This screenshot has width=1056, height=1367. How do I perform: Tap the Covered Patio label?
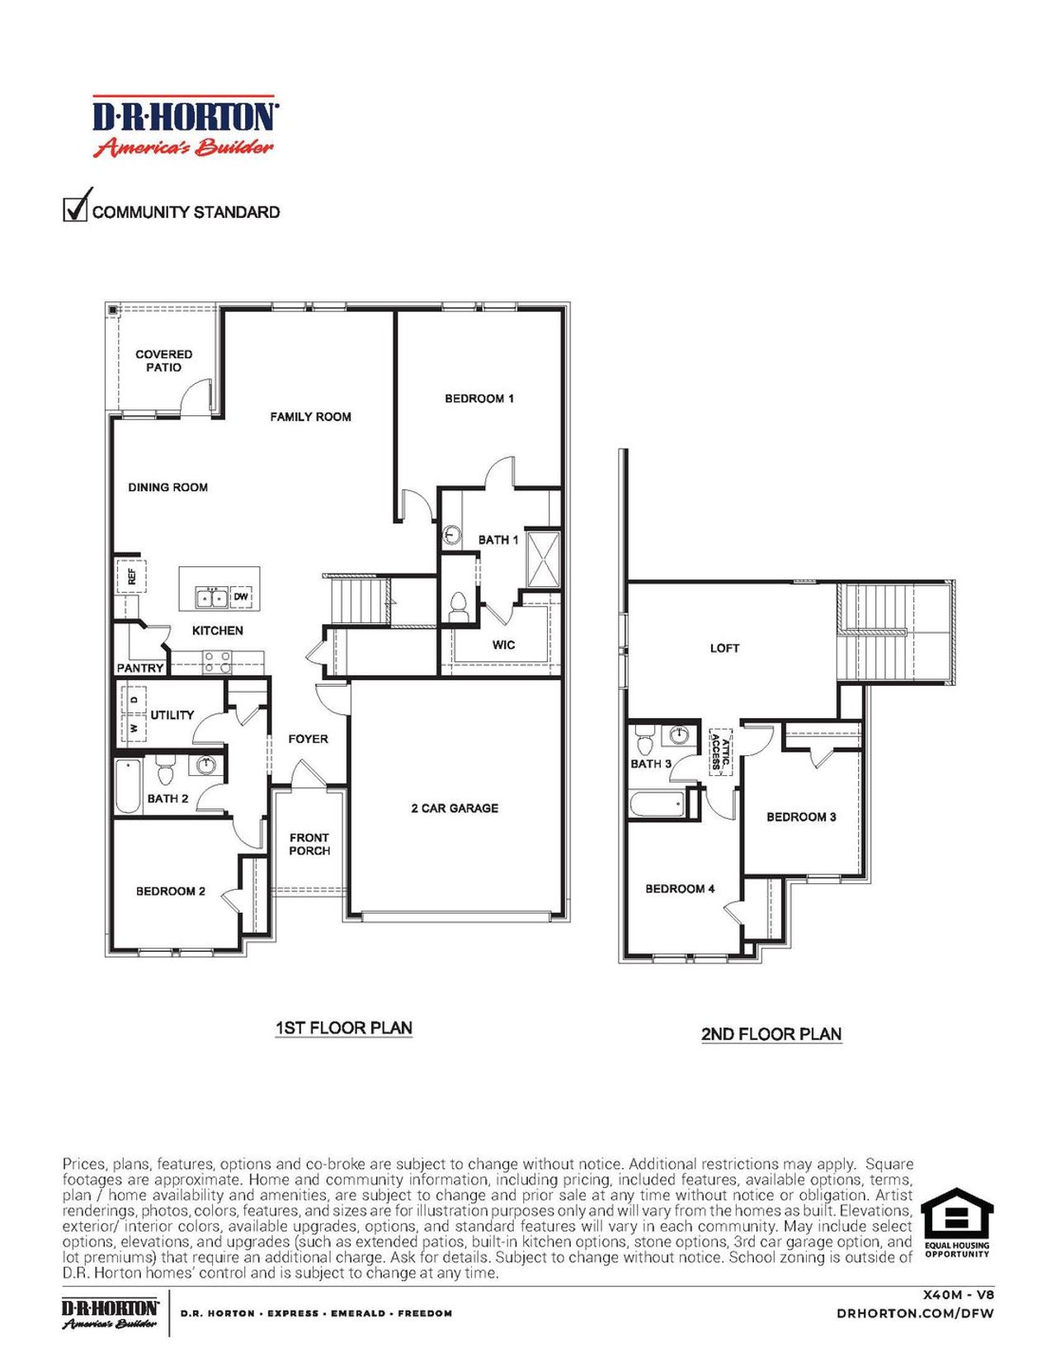pyautogui.click(x=164, y=361)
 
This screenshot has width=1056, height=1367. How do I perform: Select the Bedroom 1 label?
pyautogui.click(x=478, y=399)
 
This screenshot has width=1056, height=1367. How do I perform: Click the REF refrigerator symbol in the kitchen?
pyautogui.click(x=131, y=575)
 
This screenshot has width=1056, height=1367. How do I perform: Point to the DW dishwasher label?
pyautogui.click(x=241, y=596)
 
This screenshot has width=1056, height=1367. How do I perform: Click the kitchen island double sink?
pyautogui.click(x=211, y=596)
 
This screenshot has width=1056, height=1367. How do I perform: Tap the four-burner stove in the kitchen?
pyautogui.click(x=218, y=662)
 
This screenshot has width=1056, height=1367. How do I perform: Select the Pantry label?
pyautogui.click(x=140, y=668)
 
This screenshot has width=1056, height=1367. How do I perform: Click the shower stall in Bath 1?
pyautogui.click(x=543, y=559)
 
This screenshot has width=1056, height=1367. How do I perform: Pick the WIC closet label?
pyautogui.click(x=503, y=645)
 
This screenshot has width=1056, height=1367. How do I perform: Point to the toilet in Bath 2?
pyautogui.click(x=165, y=772)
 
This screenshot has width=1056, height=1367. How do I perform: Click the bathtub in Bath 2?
pyautogui.click(x=128, y=787)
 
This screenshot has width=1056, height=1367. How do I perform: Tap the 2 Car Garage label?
pyautogui.click(x=455, y=808)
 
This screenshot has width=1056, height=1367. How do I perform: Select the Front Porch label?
pyautogui.click(x=309, y=844)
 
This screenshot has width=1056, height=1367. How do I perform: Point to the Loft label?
pyautogui.click(x=724, y=648)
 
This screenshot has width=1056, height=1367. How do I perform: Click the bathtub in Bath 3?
pyautogui.click(x=658, y=804)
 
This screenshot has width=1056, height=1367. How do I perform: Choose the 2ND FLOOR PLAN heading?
pyautogui.click(x=771, y=1034)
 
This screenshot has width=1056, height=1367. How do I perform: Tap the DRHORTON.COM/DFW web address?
pyautogui.click(x=915, y=1313)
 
